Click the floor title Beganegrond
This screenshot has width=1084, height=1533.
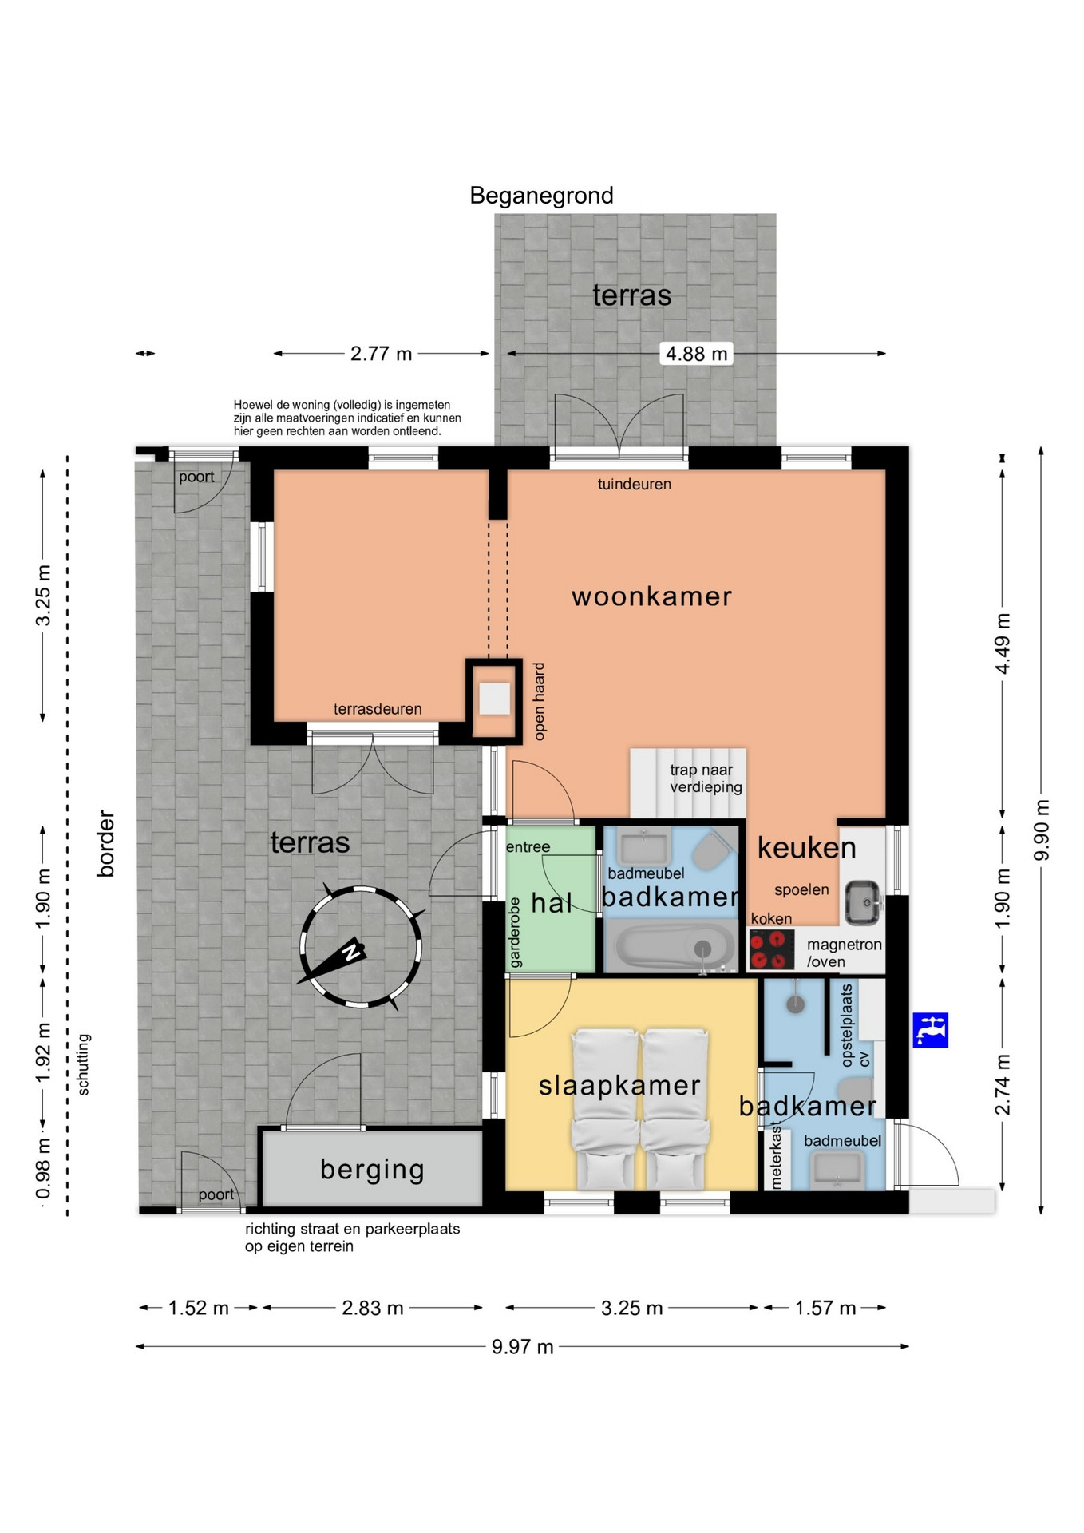tap(541, 196)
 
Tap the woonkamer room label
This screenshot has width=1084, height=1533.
tap(651, 596)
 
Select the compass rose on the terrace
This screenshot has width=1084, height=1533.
tap(360, 947)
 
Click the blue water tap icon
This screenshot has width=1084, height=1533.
tap(930, 1030)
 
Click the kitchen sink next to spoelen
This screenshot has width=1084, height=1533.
tap(863, 902)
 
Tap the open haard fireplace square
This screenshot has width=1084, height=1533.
tap(494, 699)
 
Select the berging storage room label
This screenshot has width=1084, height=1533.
tap(372, 1169)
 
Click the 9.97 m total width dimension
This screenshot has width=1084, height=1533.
tap(522, 1347)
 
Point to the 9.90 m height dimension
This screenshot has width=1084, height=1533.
tap(1042, 830)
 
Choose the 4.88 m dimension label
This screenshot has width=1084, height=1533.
tap(697, 354)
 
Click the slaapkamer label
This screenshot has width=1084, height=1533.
tap(619, 1086)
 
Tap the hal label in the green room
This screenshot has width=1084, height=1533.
tap(552, 903)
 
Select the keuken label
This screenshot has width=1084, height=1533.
tap(806, 848)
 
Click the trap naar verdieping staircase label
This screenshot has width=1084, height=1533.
tap(706, 778)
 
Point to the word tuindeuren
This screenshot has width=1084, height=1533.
tap(634, 484)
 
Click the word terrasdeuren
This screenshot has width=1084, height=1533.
tap(378, 709)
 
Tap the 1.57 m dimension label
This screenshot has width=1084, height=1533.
tap(825, 1308)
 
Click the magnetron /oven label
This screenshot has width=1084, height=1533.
tap(844, 953)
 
